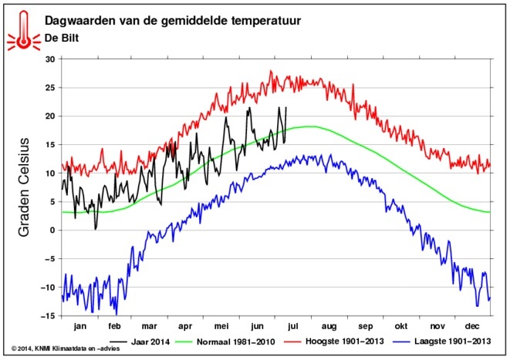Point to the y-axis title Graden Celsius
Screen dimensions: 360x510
pos(25,187)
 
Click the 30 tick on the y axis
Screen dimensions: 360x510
pos(50,59)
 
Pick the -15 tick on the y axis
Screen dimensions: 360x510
pos(48,316)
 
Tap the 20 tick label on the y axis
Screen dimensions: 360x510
pos(50,116)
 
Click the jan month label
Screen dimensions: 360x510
pos(79,326)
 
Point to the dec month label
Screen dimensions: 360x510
pos(475,326)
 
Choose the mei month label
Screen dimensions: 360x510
pos(222,326)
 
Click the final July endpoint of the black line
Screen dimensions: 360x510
pos(285,108)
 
